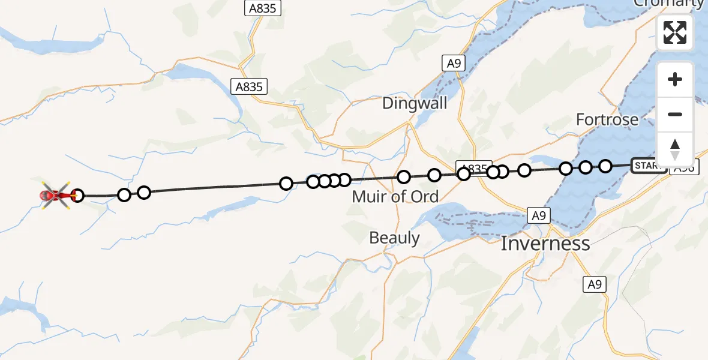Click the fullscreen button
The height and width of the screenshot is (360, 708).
click(x=675, y=32)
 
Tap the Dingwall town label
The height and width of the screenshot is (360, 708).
click(x=415, y=103)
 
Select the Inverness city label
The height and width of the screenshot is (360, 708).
click(x=545, y=244)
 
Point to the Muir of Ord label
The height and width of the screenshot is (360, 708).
click(x=395, y=196)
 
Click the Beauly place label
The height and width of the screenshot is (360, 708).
click(x=394, y=238)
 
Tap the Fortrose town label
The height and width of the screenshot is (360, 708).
click(x=607, y=119)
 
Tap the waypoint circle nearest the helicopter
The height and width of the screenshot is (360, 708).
click(x=77, y=195)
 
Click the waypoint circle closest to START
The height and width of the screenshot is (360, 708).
click(x=605, y=166)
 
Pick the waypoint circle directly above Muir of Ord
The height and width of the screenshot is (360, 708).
click(x=404, y=177)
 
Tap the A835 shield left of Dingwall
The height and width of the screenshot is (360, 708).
click(x=249, y=86)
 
